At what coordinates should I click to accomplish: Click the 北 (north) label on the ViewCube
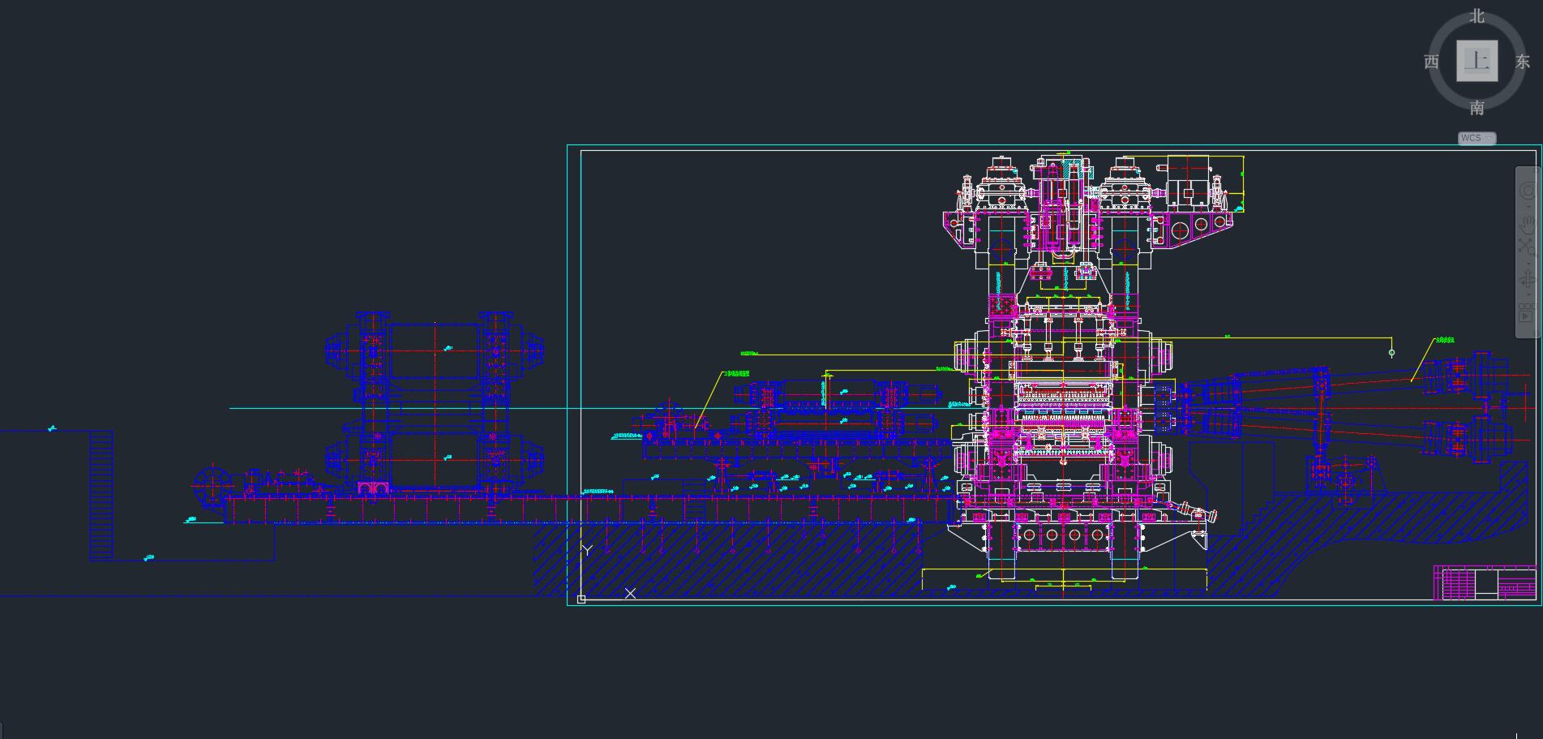[x=1477, y=16]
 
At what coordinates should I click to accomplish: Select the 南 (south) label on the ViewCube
[x=1477, y=107]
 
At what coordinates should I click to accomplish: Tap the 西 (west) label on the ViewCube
[x=1431, y=62]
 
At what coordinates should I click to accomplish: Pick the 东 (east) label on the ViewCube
[x=1522, y=62]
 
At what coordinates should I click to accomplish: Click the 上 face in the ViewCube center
[x=1477, y=61]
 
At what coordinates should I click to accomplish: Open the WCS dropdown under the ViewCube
[x=1477, y=138]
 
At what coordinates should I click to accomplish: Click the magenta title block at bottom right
[x=1485, y=583]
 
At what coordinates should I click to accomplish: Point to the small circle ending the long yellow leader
[x=1391, y=353]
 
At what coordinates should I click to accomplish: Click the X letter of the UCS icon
[x=630, y=593]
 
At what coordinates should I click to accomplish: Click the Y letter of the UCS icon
[x=587, y=550]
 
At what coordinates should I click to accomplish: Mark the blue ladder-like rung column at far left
[x=101, y=495]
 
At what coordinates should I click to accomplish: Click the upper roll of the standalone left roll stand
[x=435, y=350]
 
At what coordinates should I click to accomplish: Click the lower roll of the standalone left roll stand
[x=435, y=459]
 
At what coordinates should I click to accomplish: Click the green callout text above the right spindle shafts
[x=1444, y=340]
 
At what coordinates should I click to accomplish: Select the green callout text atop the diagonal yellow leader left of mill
[x=736, y=373]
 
